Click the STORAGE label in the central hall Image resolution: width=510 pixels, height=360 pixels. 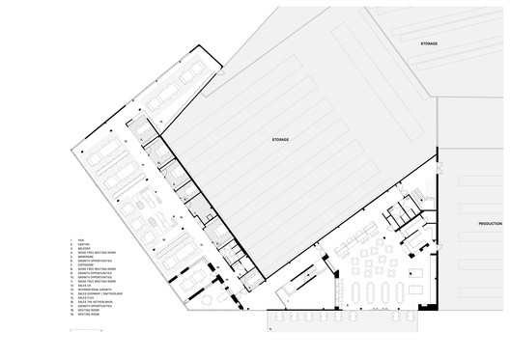280,140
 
